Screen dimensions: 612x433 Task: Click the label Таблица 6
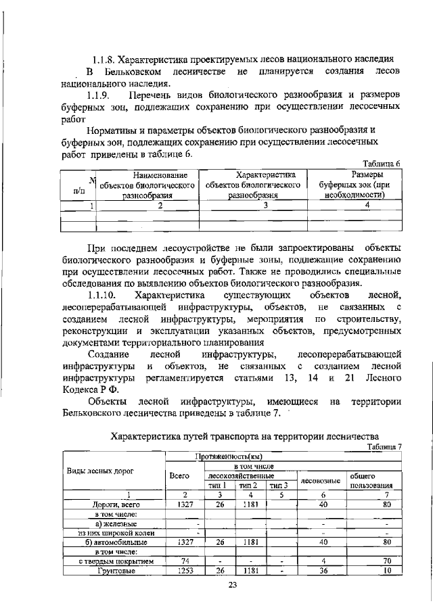point(382,164)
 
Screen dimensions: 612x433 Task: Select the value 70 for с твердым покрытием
point(386,561)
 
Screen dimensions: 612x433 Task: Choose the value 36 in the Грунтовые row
point(323,571)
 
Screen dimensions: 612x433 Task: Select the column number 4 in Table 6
point(367,206)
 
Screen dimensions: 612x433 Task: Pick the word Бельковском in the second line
point(134,72)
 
